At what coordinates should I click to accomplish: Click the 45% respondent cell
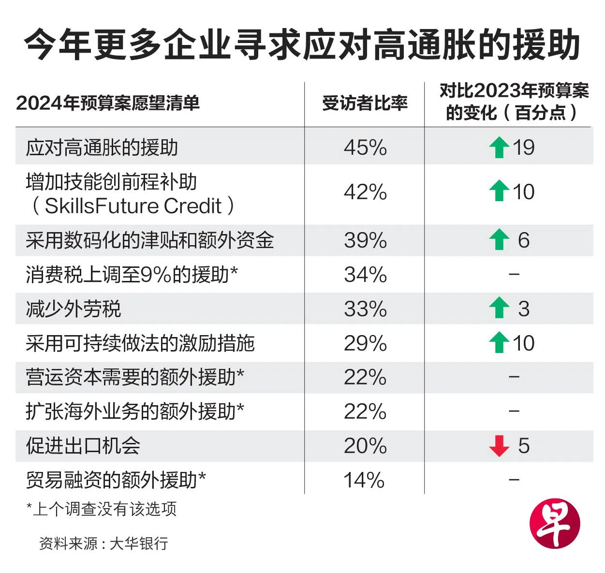tap(365, 147)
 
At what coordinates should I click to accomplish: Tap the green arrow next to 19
tap(499, 147)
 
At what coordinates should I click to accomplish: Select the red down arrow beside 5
tap(499, 446)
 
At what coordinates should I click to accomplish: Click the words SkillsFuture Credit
tap(133, 206)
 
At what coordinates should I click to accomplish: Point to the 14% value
tap(364, 480)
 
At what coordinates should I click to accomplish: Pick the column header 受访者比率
tap(365, 103)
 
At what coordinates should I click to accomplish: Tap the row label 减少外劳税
tap(74, 309)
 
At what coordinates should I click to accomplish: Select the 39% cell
tap(365, 240)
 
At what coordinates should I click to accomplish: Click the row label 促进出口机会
tap(83, 446)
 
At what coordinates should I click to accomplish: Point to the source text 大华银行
tap(139, 543)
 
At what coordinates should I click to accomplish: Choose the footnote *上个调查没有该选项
tap(102, 509)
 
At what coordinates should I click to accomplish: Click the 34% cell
tap(365, 275)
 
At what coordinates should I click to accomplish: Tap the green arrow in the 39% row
tap(499, 240)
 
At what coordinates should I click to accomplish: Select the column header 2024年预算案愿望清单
tap(108, 103)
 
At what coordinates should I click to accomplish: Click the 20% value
tap(365, 446)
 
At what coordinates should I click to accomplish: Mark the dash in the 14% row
tap(514, 480)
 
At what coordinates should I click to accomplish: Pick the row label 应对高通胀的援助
tap(102, 147)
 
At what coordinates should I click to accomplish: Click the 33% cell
tap(365, 309)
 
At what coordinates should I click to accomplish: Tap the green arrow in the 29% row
tap(499, 343)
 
